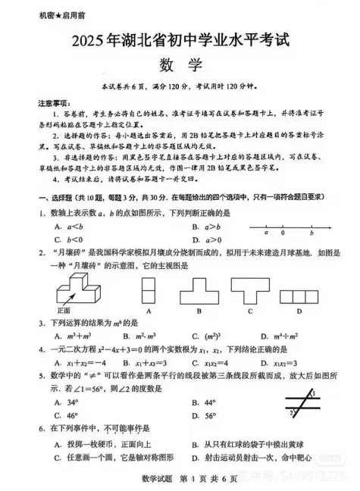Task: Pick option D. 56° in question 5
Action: coord(206,415)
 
